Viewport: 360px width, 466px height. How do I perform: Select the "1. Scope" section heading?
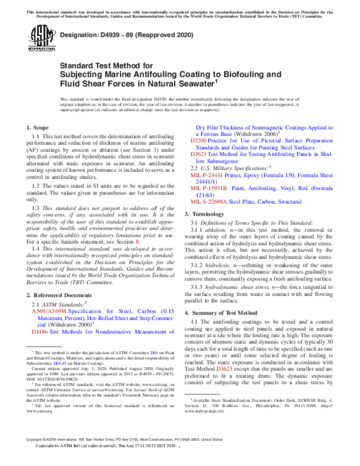click(x=38, y=129)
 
